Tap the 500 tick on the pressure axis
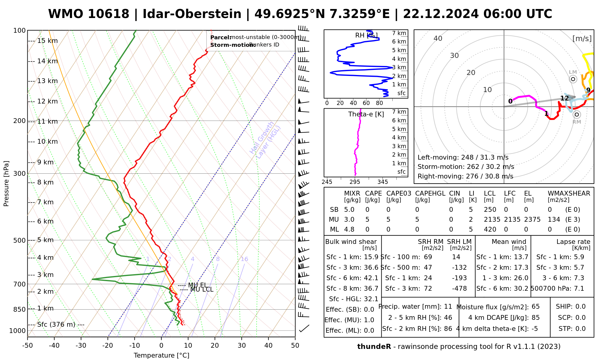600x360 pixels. pos(20,240)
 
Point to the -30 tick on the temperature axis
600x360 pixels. pos(81,346)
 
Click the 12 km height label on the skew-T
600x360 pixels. pos(47,101)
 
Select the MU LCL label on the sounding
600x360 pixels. pos(202,289)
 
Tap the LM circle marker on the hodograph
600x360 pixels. pos(573,79)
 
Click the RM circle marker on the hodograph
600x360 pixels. pos(577,115)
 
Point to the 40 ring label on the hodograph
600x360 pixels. pos(438,38)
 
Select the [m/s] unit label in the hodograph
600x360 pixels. pos(582,38)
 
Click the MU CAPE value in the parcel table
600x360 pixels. pos(367,220)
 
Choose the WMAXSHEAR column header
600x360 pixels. pos(569,193)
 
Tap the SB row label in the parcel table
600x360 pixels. pos(334,210)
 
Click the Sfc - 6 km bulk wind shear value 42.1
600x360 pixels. pos(371,278)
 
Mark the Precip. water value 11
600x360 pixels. pos(448,307)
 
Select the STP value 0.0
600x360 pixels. pos(580,329)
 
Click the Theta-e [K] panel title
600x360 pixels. pos(366,114)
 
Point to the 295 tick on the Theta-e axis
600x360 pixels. pos(355,182)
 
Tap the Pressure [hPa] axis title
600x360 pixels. pos(6,184)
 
